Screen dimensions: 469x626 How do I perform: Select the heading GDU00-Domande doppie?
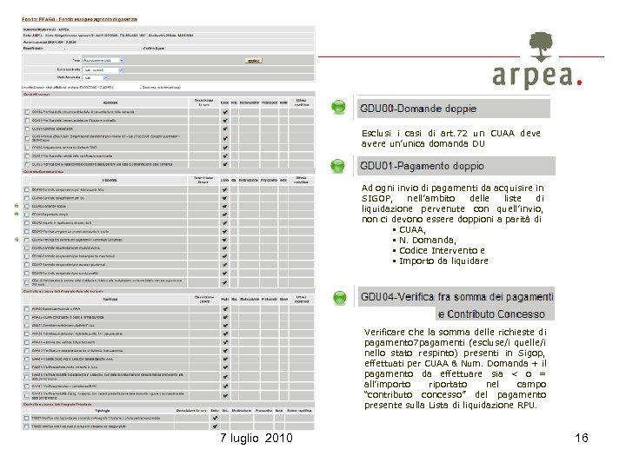(x=418, y=109)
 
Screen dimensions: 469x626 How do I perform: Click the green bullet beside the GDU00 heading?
(x=338, y=108)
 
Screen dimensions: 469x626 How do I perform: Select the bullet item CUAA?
(x=412, y=229)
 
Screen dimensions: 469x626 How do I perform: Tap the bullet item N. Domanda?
(x=427, y=240)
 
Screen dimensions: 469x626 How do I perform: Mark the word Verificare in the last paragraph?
(x=387, y=332)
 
